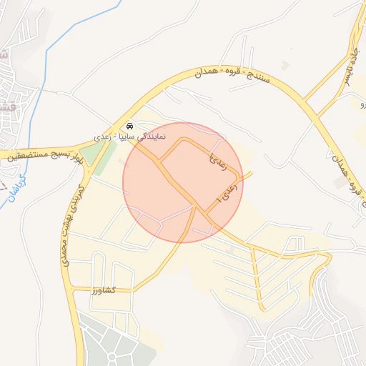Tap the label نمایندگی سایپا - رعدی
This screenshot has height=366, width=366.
pos(130,135)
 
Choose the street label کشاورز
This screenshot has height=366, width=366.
pos(104,290)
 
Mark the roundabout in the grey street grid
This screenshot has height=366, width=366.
pos(112,355)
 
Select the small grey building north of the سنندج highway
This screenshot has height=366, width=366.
pos(285,66)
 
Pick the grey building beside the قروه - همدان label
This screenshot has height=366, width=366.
pos(338,183)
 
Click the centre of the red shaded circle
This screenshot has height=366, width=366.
pos(183,182)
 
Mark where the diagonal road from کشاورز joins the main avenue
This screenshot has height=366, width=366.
pos(194,208)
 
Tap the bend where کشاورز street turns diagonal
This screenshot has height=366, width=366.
pos(134,291)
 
